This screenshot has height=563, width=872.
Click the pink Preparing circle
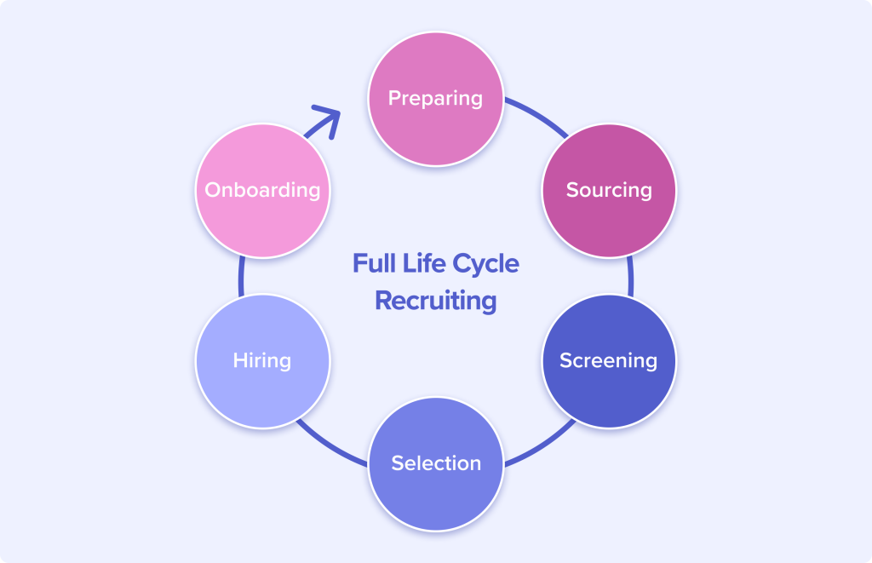(x=436, y=99)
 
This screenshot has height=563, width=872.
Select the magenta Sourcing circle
(x=609, y=190)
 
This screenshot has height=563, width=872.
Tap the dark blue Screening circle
(x=609, y=361)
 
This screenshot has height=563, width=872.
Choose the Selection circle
(x=436, y=463)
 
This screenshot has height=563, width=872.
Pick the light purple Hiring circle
(x=262, y=361)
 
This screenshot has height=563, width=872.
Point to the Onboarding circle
(x=262, y=190)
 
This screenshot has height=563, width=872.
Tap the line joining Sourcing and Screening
(x=631, y=276)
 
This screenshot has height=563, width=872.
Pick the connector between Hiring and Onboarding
(x=241, y=276)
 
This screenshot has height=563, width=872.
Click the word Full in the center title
(x=375, y=263)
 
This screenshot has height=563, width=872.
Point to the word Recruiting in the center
(x=436, y=302)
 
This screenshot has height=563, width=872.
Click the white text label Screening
(x=608, y=361)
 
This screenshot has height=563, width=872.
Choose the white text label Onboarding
(x=262, y=190)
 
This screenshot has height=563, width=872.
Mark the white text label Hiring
(x=262, y=361)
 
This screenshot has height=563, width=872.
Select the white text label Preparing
(x=435, y=99)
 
